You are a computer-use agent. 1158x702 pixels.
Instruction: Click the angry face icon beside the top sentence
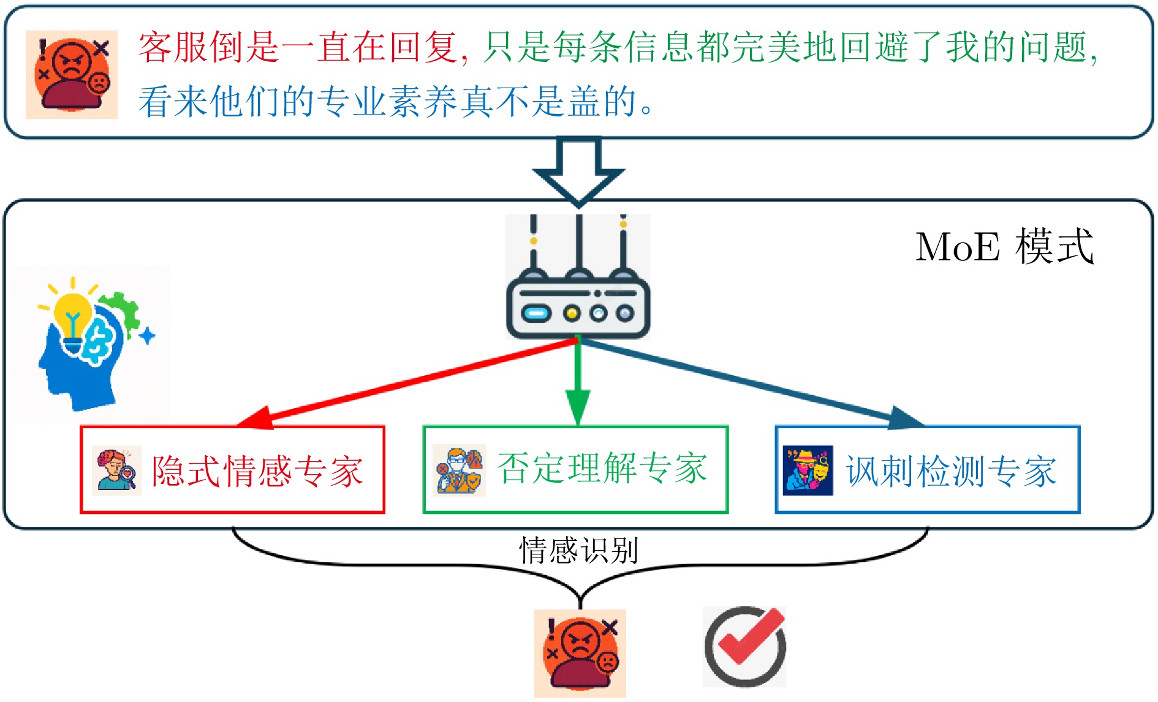point(72,74)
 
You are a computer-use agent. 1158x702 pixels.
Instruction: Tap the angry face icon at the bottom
point(580,653)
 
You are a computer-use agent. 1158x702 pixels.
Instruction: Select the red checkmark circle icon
point(744,647)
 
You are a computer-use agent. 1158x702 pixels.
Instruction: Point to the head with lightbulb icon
point(91,343)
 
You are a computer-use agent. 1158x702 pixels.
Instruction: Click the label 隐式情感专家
point(257,471)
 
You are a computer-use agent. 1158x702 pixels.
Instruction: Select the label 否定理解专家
point(602,469)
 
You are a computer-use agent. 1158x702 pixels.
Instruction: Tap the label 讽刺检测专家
point(952,471)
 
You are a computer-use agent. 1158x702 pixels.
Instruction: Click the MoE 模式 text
point(1004,247)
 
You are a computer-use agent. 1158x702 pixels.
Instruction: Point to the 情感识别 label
point(579,550)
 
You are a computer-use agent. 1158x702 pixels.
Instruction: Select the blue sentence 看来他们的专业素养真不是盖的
point(395,101)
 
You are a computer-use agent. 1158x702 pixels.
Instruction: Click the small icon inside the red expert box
point(116,470)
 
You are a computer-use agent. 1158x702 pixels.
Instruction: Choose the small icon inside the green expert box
point(459,470)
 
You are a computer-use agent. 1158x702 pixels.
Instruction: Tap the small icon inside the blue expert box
point(808,470)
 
